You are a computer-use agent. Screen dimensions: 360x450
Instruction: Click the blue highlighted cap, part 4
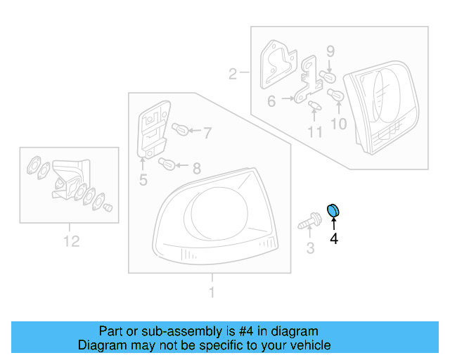(333, 209)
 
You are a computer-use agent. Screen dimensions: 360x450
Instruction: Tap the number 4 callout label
(334, 239)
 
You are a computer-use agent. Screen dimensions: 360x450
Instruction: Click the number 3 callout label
(309, 247)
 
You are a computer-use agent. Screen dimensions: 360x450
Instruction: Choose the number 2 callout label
(233, 72)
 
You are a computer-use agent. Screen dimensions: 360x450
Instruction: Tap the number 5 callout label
(143, 181)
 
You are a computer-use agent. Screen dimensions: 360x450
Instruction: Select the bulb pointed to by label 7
(179, 129)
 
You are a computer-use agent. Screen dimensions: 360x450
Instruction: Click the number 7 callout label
(207, 131)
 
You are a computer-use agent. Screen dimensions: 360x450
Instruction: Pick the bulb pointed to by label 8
(168, 165)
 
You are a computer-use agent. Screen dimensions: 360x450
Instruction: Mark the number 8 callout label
(197, 168)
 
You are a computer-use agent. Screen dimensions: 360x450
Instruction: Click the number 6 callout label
(271, 101)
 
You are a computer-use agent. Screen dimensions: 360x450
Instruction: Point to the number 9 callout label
(330, 51)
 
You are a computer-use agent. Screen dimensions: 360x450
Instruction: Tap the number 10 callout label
(338, 124)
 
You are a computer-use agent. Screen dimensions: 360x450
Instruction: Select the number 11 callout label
(314, 131)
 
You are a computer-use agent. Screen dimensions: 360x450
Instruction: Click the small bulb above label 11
(314, 105)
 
